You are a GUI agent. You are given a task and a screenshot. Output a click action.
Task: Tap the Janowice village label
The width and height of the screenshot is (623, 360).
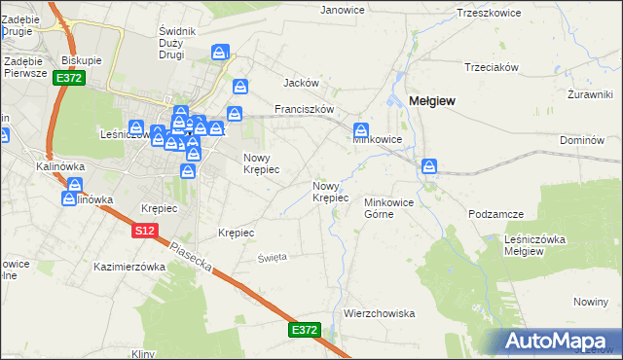pyautogui.click(x=343, y=10)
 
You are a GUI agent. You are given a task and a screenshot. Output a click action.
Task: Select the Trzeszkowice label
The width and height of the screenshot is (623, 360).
pyautogui.click(x=488, y=14)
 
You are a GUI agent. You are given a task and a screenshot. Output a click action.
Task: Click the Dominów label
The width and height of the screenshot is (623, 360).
pyautogui.click(x=582, y=140)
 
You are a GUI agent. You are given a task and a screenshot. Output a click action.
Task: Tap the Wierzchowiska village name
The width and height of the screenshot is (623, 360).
pyautogui.click(x=380, y=313)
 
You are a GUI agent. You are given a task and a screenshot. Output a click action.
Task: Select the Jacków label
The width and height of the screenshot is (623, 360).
pyautogui.click(x=302, y=84)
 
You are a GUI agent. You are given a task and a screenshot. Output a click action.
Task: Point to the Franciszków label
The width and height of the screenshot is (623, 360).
pyautogui.click(x=305, y=110)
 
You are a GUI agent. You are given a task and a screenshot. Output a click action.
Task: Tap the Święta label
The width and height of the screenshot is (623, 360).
pyautogui.click(x=272, y=258)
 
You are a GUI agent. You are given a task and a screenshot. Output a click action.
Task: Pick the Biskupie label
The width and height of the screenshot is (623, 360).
pyautogui.click(x=82, y=59)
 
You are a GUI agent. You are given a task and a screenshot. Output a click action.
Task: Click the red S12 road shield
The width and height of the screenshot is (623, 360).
pyautogui.click(x=145, y=231)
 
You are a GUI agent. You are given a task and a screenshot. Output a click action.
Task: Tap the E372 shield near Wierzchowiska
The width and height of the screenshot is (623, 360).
pyautogui.click(x=304, y=331)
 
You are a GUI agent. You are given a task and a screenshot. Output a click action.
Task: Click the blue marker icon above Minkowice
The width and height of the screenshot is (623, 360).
pyautogui.click(x=361, y=130)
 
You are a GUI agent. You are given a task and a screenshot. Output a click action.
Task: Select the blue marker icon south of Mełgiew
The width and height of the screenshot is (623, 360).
pyautogui.click(x=429, y=167)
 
